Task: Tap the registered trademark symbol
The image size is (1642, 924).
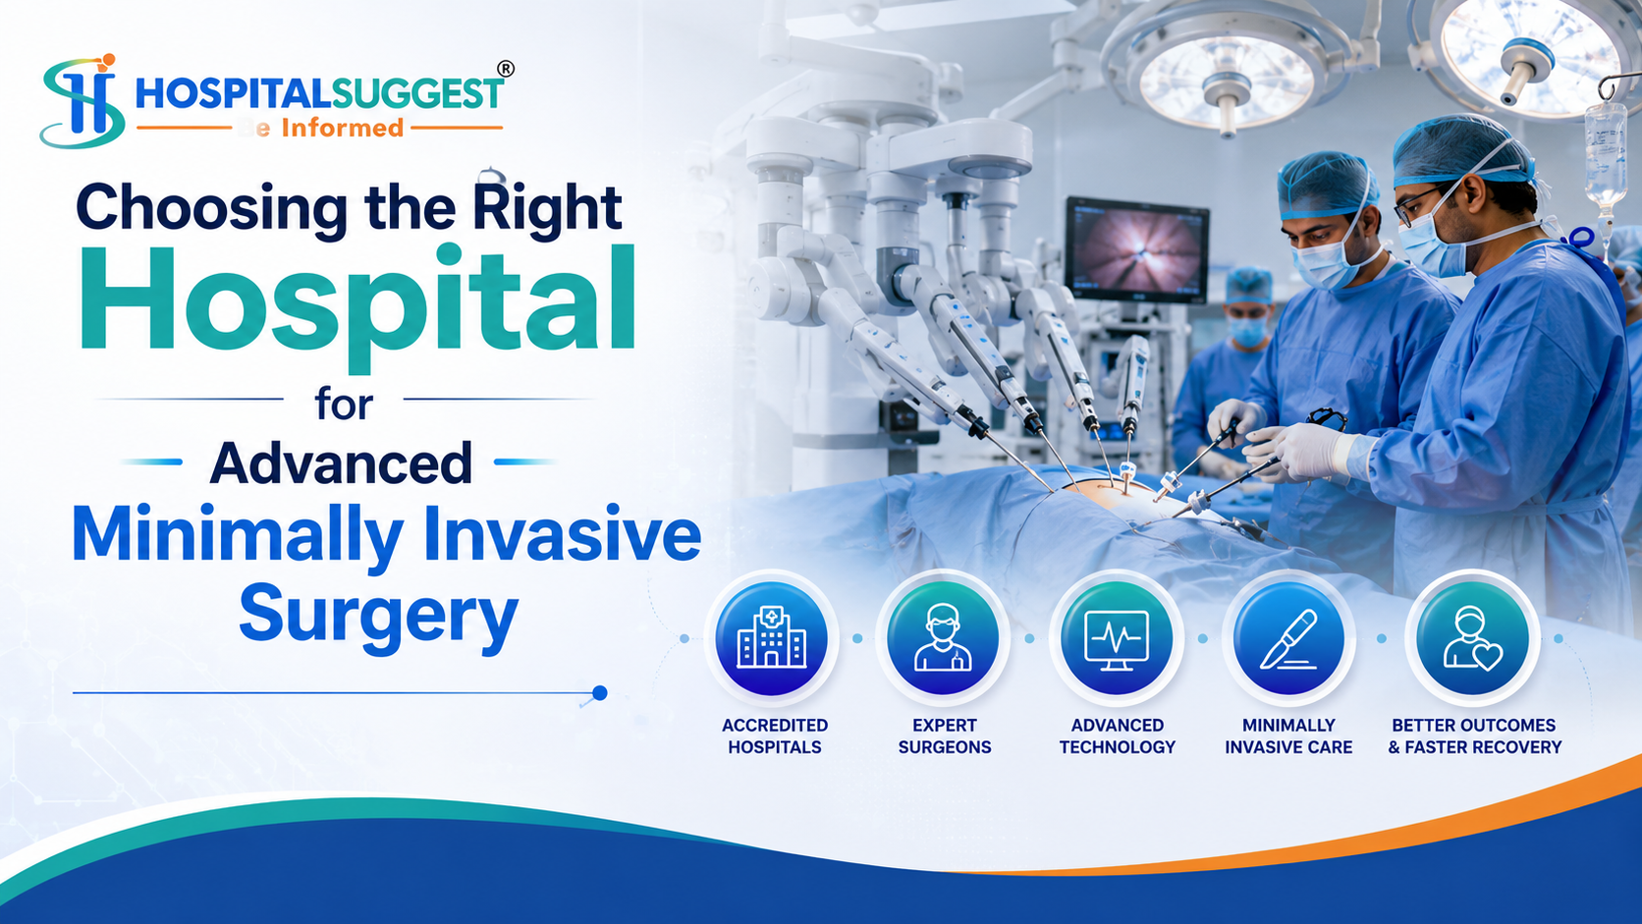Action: (x=506, y=69)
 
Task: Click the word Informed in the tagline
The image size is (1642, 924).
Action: (x=343, y=129)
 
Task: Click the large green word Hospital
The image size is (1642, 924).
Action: (x=356, y=304)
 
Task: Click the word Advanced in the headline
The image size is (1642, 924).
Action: (x=341, y=463)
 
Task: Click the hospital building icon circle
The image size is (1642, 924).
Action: (x=772, y=638)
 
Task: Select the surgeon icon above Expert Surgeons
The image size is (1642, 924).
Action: (x=944, y=638)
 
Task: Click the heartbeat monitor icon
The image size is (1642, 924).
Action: (x=1117, y=638)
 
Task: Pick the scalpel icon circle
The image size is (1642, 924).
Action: (x=1288, y=638)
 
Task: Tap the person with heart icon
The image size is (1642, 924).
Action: (x=1473, y=638)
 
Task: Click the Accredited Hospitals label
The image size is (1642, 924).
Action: (x=775, y=736)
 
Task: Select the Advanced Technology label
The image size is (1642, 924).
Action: (x=1118, y=736)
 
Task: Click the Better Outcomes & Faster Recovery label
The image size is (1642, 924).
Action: (x=1474, y=736)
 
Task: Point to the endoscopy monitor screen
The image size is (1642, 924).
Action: (x=1137, y=249)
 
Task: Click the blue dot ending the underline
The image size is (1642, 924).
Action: (x=600, y=693)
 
